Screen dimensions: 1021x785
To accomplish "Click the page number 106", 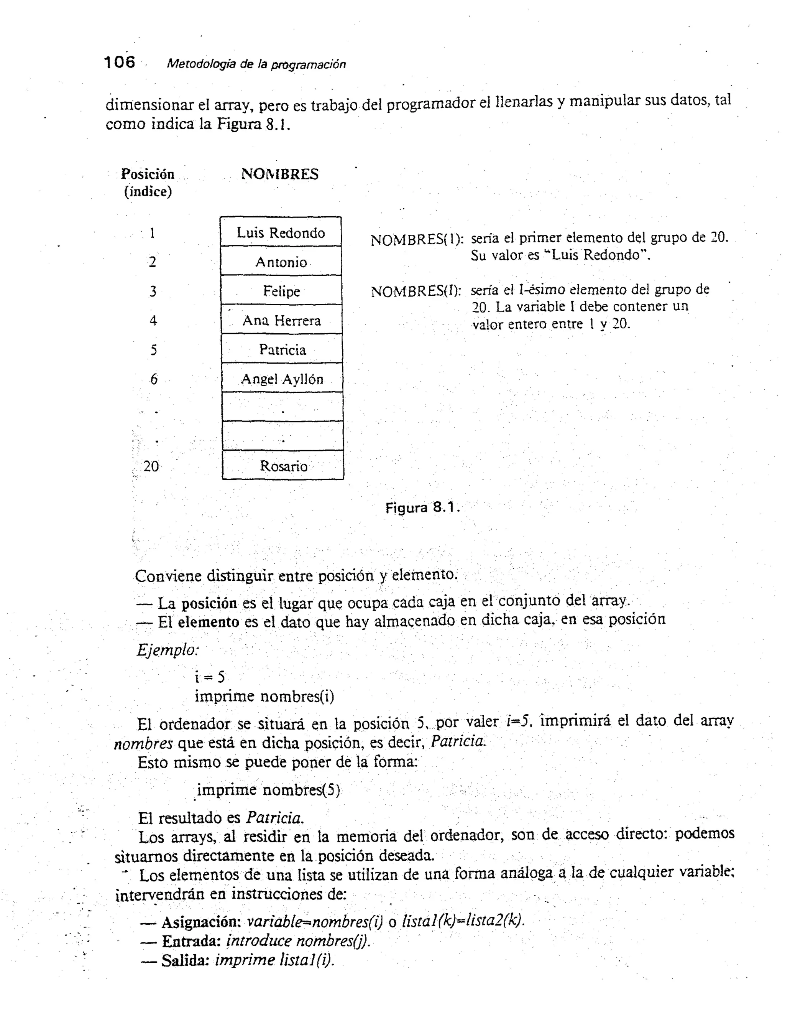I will [120, 62].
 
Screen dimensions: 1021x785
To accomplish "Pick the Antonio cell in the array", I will [281, 262].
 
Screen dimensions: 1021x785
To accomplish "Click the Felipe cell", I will [281, 291].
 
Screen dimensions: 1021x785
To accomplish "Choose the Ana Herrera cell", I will [282, 320].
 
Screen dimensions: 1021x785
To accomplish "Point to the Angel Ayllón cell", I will [282, 379].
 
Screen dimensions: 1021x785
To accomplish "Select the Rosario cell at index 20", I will [283, 466].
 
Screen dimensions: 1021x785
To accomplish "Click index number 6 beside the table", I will [154, 379].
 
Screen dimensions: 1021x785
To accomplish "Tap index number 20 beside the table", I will [151, 466].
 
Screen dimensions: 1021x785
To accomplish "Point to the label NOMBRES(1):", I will [417, 240].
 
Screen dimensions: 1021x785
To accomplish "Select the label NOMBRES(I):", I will [416, 292].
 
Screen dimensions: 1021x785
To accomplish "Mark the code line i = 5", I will [210, 677].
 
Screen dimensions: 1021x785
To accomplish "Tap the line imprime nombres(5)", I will [268, 790].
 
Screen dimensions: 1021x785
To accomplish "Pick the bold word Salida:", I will [185, 960].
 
